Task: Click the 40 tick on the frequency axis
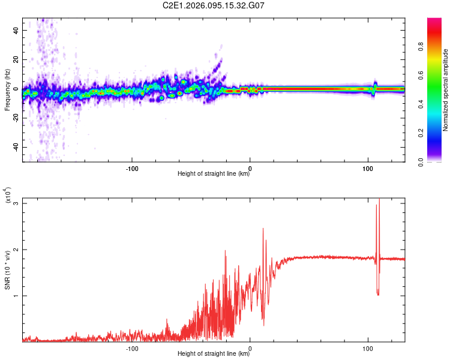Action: (16, 30)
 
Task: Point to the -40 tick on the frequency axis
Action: (15, 147)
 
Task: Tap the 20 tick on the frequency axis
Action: (16, 59)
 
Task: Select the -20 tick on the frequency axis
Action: (15, 118)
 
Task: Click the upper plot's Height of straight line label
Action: (214, 174)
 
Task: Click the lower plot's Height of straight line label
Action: (214, 354)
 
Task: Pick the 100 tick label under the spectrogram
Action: (368, 167)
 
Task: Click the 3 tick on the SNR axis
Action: (16, 203)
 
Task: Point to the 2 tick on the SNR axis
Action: (16, 250)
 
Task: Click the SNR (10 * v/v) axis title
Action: (7, 270)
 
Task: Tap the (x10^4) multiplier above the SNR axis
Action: (7, 196)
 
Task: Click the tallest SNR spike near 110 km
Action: (379, 200)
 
